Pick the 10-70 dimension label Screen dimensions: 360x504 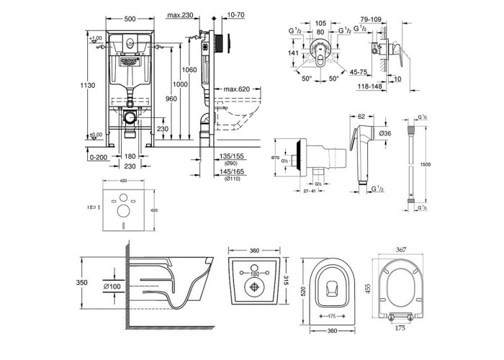235,14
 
